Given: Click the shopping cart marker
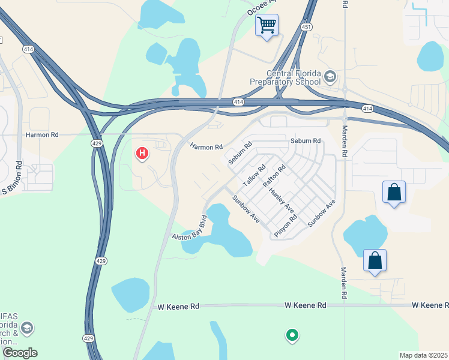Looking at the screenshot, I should (266, 26).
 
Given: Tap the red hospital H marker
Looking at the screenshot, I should (142, 154).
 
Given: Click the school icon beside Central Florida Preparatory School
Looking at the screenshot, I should (330, 77).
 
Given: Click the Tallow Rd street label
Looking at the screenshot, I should (254, 176).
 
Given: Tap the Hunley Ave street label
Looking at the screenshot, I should (282, 200).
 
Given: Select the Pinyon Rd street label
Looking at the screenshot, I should (286, 226).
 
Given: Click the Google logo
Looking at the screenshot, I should (19, 353).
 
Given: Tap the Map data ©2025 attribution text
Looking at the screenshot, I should (423, 355).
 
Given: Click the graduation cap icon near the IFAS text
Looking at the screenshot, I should (27, 328).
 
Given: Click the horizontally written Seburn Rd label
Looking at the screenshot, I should (306, 140).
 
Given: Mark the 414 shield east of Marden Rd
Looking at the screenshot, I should (368, 108).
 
